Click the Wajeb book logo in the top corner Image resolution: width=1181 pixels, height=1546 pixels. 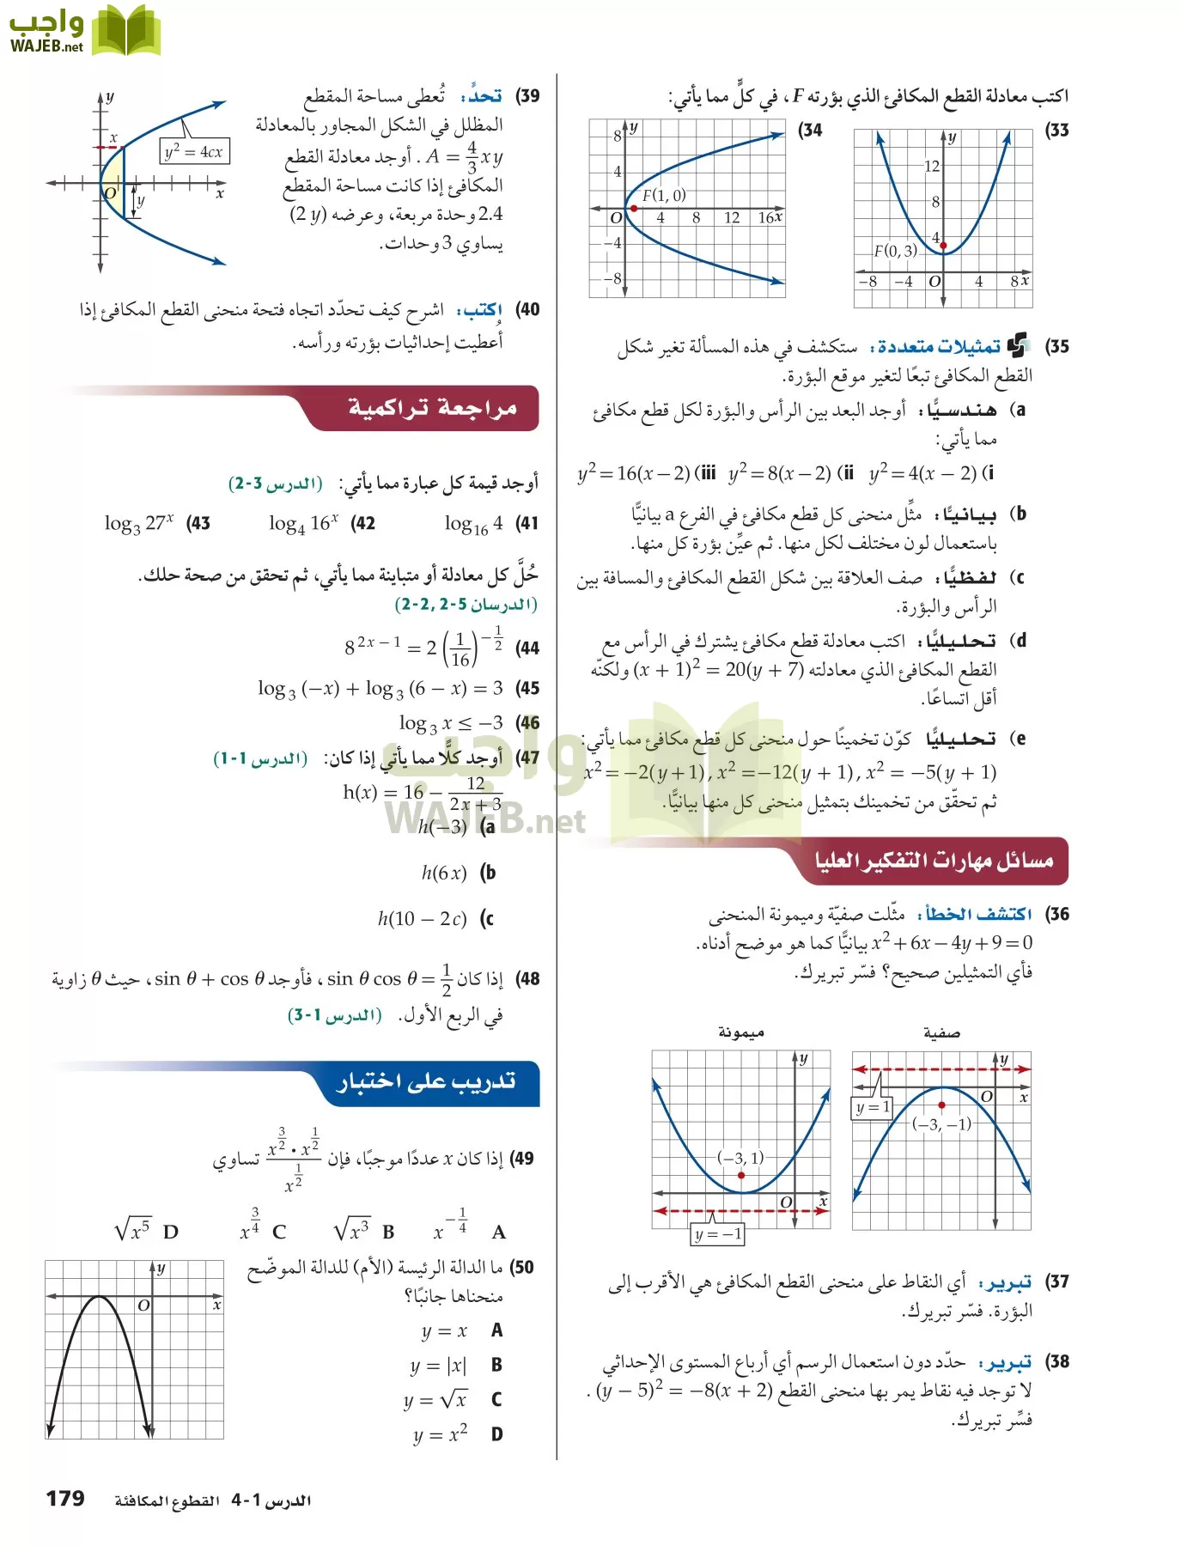coord(125,32)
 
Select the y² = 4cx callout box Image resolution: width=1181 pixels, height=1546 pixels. coord(194,152)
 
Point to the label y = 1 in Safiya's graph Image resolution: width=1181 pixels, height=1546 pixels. coord(872,1107)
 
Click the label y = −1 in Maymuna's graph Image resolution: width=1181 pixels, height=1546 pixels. coord(718,1234)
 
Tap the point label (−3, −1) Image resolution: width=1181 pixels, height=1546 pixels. coord(941,1124)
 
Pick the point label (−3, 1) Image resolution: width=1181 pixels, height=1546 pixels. coord(740,1158)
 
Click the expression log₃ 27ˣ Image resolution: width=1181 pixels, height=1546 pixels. coord(139,523)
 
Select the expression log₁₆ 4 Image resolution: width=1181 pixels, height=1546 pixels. coord(473,523)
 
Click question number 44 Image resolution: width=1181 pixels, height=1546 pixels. coord(527,648)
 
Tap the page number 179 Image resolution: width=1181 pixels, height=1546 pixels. coord(65,1499)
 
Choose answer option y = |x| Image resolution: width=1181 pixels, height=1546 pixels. coord(438,1366)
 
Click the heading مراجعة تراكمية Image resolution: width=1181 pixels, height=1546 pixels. coord(432,408)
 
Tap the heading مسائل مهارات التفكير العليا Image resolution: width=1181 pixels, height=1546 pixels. coord(934,860)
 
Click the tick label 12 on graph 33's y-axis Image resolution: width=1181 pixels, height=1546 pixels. coord(932,166)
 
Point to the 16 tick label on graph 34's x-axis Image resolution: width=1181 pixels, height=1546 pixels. coord(765,218)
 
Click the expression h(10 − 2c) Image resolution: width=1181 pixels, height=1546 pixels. coord(422,919)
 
